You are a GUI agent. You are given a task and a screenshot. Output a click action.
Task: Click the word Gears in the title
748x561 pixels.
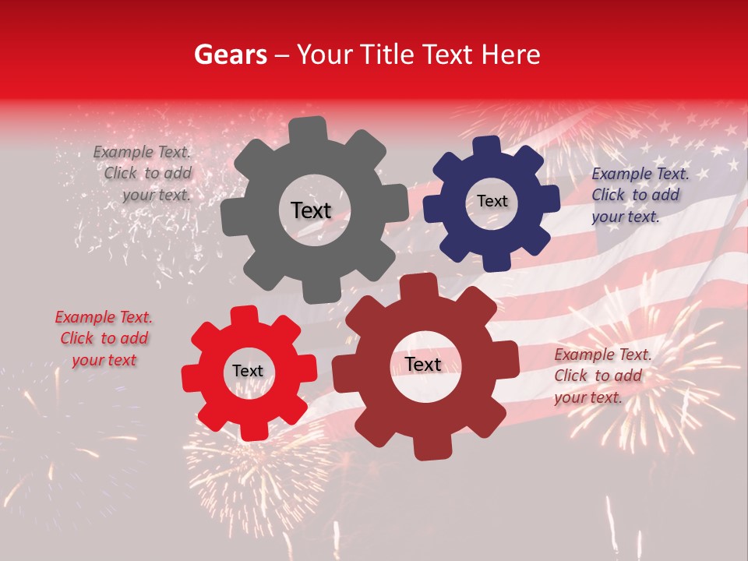pos(229,55)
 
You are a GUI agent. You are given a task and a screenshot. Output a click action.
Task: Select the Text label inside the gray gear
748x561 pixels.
pos(311,210)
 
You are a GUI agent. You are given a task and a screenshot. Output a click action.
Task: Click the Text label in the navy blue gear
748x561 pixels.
pos(492,201)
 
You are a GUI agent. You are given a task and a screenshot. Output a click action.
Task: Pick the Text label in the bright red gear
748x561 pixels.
pos(248,372)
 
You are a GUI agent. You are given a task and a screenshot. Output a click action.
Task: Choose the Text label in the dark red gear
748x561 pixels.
pos(423,365)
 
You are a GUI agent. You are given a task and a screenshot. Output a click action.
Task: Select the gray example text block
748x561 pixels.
pos(144,174)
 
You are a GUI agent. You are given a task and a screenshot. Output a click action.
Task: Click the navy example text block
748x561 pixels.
pos(639,195)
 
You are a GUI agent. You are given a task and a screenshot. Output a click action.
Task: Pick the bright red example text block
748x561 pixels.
pos(104,339)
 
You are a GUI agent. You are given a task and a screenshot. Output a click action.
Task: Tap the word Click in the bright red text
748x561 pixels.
pos(77,339)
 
